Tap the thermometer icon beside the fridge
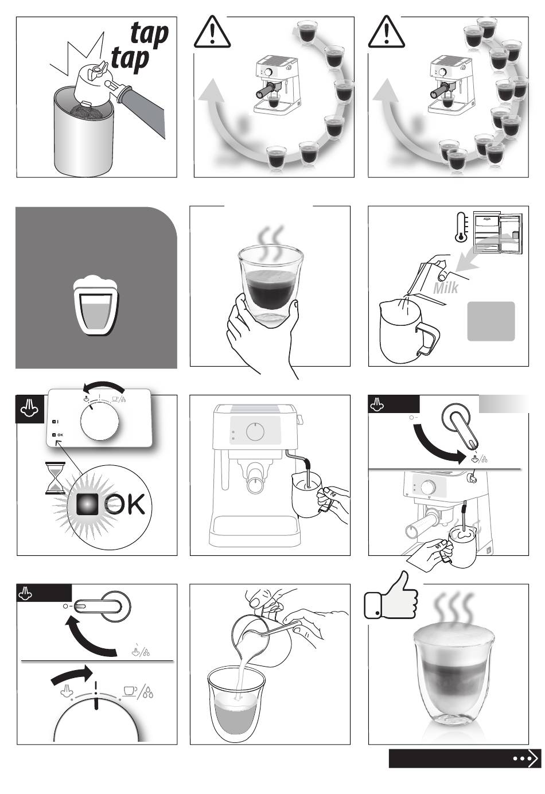[x=462, y=227]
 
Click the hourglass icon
[x=55, y=478]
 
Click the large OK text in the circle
[x=124, y=504]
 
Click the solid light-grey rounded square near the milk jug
[x=490, y=321]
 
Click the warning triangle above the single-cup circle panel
[x=212, y=32]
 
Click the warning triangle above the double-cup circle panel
[x=386, y=32]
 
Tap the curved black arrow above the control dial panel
[x=103, y=387]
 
